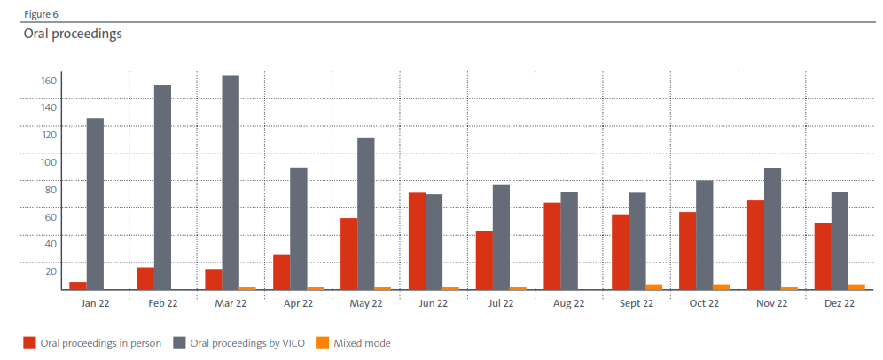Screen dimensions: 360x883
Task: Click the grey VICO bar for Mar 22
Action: pos(231,183)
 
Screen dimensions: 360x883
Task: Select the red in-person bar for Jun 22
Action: pos(417,241)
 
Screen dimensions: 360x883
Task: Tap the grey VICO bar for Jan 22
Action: pos(95,204)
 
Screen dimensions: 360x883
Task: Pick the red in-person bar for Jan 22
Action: pos(78,286)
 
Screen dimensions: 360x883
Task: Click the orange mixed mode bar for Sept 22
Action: pos(653,286)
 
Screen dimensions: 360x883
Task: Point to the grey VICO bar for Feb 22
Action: pos(162,187)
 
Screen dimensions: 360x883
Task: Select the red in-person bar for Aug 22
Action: pos(552,247)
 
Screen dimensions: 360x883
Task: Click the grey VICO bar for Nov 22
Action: pos(772,229)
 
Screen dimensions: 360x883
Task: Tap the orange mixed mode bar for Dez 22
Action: pos(856,286)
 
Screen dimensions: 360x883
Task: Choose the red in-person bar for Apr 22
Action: pos(281,272)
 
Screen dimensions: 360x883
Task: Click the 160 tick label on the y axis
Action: pos(49,81)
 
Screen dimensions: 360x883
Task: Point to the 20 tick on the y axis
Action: pos(51,271)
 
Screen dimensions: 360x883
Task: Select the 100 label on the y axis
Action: pos(49,162)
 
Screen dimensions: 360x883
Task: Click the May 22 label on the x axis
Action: pos(365,303)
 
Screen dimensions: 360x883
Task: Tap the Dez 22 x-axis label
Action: pos(839,303)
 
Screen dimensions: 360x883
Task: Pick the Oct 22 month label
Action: pos(704,303)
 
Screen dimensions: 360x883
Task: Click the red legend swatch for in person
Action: pos(29,342)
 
